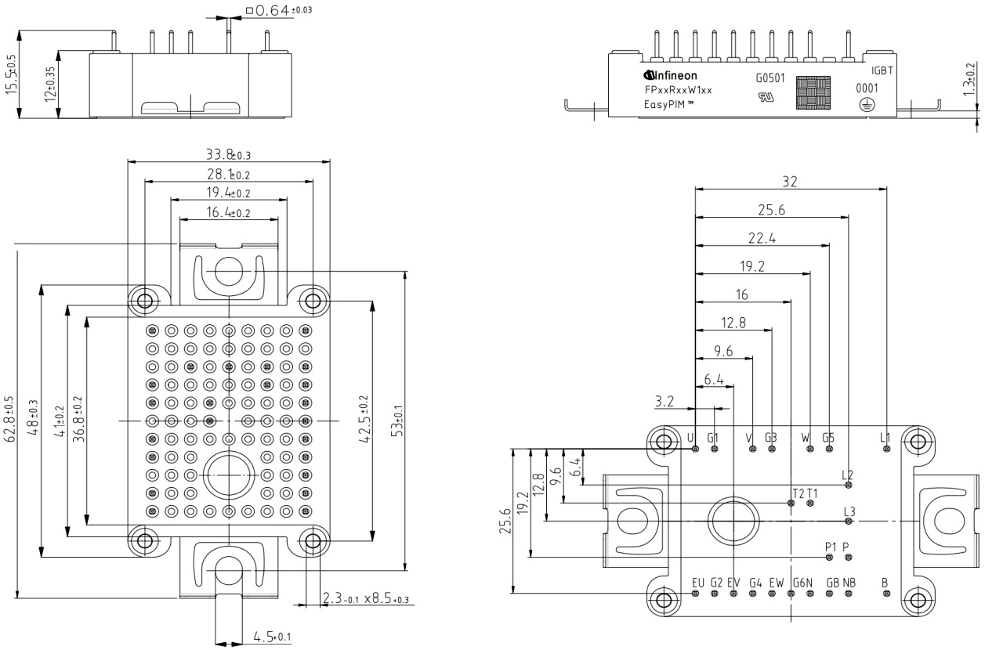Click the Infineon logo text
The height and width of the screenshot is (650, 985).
(675, 76)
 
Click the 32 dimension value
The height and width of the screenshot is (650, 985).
(789, 181)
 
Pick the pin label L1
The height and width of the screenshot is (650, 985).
(885, 437)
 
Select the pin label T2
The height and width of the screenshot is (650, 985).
(798, 493)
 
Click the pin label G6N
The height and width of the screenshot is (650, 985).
(802, 583)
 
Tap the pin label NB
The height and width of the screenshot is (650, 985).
(849, 583)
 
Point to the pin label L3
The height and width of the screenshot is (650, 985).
(849, 512)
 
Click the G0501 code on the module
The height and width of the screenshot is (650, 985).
(770, 78)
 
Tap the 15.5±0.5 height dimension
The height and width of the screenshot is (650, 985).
(10, 75)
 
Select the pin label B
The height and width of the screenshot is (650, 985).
(885, 583)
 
